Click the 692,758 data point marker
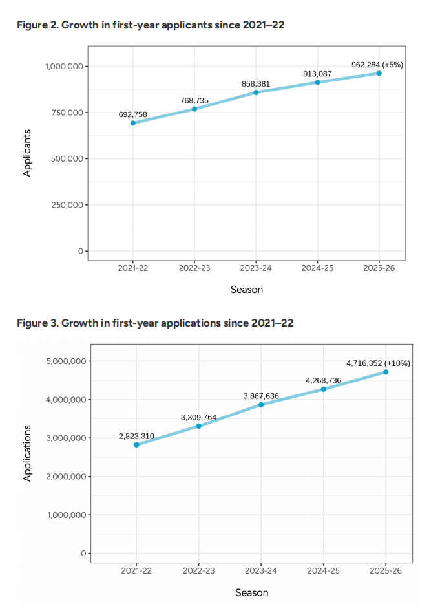133,123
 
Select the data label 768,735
194,101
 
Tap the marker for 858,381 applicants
256,92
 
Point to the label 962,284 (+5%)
377,65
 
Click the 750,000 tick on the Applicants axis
65,113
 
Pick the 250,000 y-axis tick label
65,205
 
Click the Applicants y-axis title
27,153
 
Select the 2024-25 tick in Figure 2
317,268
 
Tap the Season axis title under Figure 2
247,290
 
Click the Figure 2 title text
151,25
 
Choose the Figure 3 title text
155,323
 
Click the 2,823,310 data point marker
136,445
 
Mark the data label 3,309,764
199,418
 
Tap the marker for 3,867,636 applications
261,405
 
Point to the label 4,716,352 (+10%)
378,363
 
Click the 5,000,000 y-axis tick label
67,361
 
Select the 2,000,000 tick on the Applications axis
67,477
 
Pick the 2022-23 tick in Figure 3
199,571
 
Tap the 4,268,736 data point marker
324,389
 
